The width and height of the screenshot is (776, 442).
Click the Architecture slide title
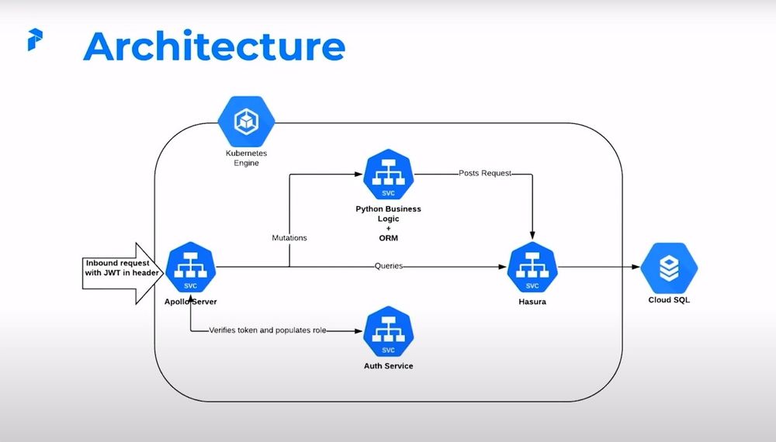(213, 47)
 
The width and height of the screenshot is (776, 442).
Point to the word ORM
(388, 237)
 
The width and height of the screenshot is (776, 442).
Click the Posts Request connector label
(485, 174)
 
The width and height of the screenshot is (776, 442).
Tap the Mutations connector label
(289, 238)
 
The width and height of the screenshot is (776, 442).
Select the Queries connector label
(388, 266)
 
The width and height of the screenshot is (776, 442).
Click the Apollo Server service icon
(190, 268)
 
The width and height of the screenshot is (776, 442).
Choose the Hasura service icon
(532, 268)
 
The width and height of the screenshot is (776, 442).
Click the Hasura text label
(532, 301)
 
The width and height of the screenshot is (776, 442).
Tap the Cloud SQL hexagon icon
(669, 268)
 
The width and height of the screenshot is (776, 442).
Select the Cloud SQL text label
(669, 300)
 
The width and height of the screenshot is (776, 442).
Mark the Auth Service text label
(388, 365)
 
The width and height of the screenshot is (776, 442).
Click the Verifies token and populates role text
(268, 330)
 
